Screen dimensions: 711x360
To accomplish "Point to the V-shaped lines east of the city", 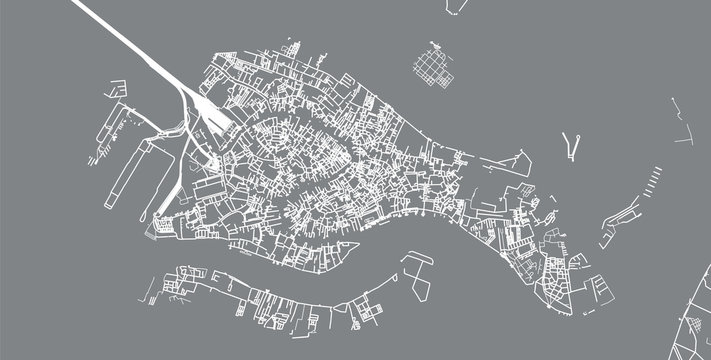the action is (571, 146).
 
